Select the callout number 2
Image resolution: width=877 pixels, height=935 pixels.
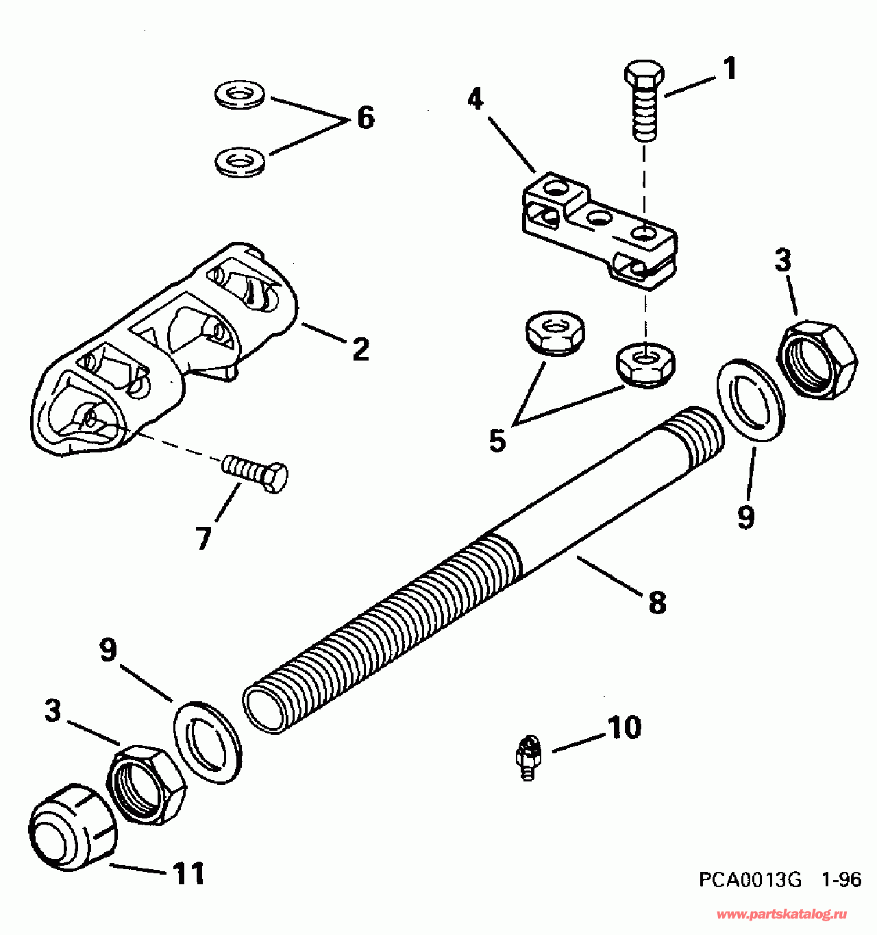click(x=360, y=349)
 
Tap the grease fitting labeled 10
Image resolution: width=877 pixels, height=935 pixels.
click(x=528, y=757)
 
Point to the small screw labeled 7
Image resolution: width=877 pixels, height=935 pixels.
click(x=256, y=471)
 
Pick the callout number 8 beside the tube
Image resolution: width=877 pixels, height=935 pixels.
click(x=656, y=603)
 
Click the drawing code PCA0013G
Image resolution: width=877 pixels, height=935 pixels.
click(x=750, y=879)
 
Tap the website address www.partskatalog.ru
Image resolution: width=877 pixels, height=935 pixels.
click(x=782, y=914)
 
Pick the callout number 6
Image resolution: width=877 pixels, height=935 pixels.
click(x=366, y=118)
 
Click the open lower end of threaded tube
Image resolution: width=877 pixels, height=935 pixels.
click(x=264, y=709)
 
